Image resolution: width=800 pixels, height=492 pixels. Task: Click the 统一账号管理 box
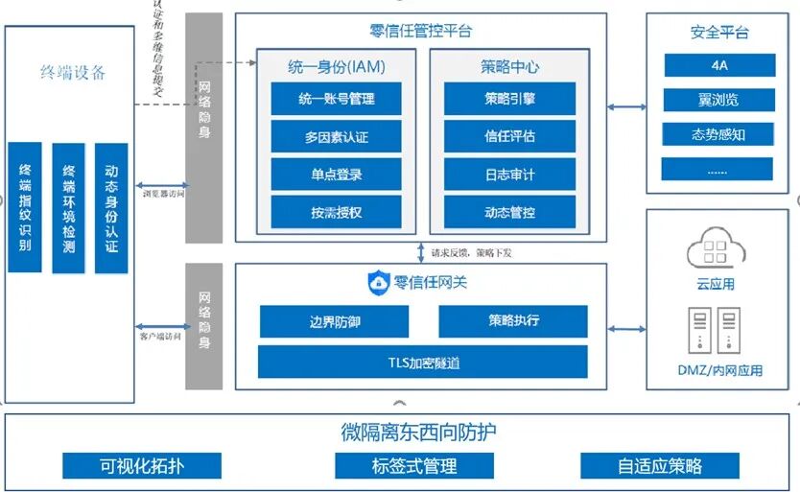coord(336,99)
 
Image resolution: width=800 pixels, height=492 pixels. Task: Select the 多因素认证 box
coord(336,136)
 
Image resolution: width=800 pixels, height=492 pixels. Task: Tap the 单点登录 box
coord(336,175)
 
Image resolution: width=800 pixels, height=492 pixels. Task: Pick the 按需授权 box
coord(336,212)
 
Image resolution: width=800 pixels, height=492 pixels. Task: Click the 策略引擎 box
coord(509,99)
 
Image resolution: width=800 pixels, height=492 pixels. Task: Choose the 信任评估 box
coord(509,136)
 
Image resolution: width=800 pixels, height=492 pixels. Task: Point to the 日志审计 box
coord(509,175)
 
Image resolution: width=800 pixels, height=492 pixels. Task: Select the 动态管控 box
coord(509,212)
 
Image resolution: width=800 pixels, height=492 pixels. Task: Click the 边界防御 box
coord(321,321)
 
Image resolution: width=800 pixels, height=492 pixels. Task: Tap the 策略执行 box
coord(512,321)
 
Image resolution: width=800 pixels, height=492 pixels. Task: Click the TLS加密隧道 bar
coord(422,362)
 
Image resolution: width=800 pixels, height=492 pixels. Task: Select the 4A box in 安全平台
coord(718,65)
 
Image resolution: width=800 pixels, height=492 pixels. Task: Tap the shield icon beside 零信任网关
coord(379,283)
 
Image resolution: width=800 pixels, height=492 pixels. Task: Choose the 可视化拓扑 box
coord(142,466)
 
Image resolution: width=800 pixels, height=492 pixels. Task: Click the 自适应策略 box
coord(659,466)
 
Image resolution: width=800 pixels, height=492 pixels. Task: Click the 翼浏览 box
coord(718,99)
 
